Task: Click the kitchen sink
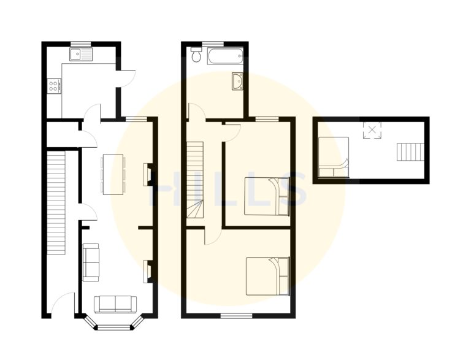coord(81,55)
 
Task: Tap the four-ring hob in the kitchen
coord(54,85)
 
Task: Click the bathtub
coord(225,56)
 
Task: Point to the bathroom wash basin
coord(237,81)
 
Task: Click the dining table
coord(113,175)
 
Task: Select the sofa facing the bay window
coord(115,304)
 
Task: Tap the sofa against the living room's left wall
coord(91,262)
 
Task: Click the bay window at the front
coord(115,323)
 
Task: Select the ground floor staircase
coord(56,203)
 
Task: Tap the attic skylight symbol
coord(372,130)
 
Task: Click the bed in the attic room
coord(334,157)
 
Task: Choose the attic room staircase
coord(410,151)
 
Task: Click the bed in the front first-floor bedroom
coord(267,276)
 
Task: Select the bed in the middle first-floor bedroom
coord(267,196)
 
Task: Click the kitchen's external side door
coord(126,79)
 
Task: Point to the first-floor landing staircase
coord(195,180)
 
